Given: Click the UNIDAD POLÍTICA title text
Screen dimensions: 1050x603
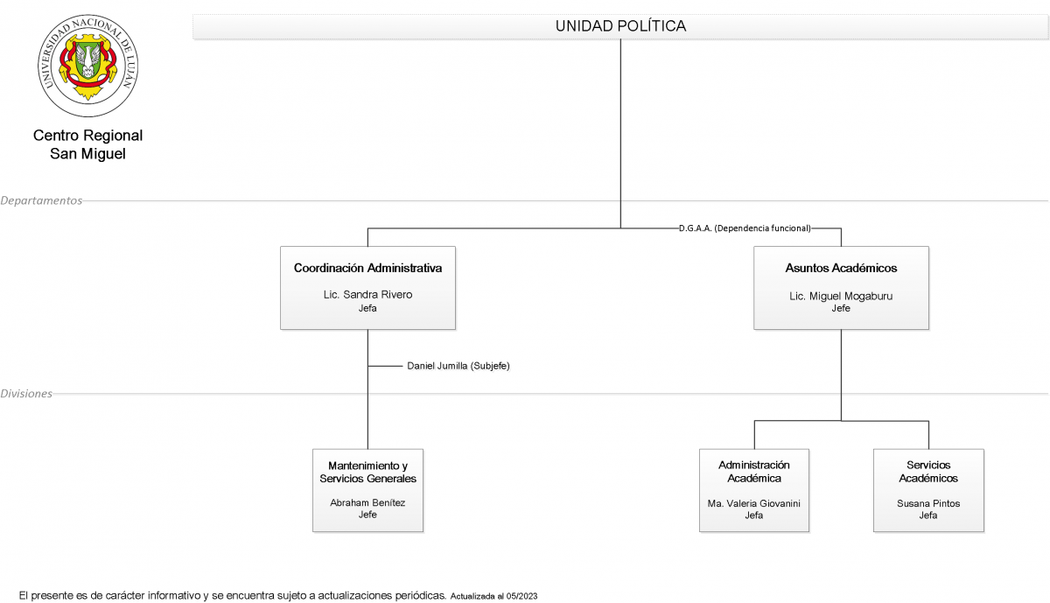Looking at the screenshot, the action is point(620,25).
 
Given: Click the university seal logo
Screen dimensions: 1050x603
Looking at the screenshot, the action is point(88,65).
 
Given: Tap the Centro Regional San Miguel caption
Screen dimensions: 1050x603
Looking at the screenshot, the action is point(87,144).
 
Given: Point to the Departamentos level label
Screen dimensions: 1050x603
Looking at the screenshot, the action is point(41,200).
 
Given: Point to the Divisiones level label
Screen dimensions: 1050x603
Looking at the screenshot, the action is point(26,394).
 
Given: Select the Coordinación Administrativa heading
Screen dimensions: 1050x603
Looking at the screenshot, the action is point(368,268).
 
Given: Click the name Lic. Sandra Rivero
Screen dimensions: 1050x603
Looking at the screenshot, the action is point(368,294).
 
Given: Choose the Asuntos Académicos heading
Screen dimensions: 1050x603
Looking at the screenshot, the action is point(841,268).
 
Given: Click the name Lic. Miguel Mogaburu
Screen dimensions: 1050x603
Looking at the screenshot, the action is point(841,296).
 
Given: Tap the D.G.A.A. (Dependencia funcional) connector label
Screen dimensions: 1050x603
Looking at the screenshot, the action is point(745,228).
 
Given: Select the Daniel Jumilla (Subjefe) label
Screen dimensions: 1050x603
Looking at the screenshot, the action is point(458,366).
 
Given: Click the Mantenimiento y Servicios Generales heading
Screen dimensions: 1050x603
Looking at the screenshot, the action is point(368,472).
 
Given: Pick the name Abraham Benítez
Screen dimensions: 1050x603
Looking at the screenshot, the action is point(367,502).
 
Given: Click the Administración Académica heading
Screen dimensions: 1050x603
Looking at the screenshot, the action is point(753,471).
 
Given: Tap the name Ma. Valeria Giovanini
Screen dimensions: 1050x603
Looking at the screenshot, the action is point(753,503).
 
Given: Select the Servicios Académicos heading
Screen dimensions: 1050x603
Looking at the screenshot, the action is point(928,471).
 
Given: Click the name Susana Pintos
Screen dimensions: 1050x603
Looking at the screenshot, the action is point(928,503).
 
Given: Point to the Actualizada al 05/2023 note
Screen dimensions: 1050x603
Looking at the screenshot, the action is point(493,596).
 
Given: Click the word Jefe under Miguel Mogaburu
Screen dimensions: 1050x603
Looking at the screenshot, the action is point(841,308).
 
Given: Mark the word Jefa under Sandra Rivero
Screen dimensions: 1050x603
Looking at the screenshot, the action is point(367,308).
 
